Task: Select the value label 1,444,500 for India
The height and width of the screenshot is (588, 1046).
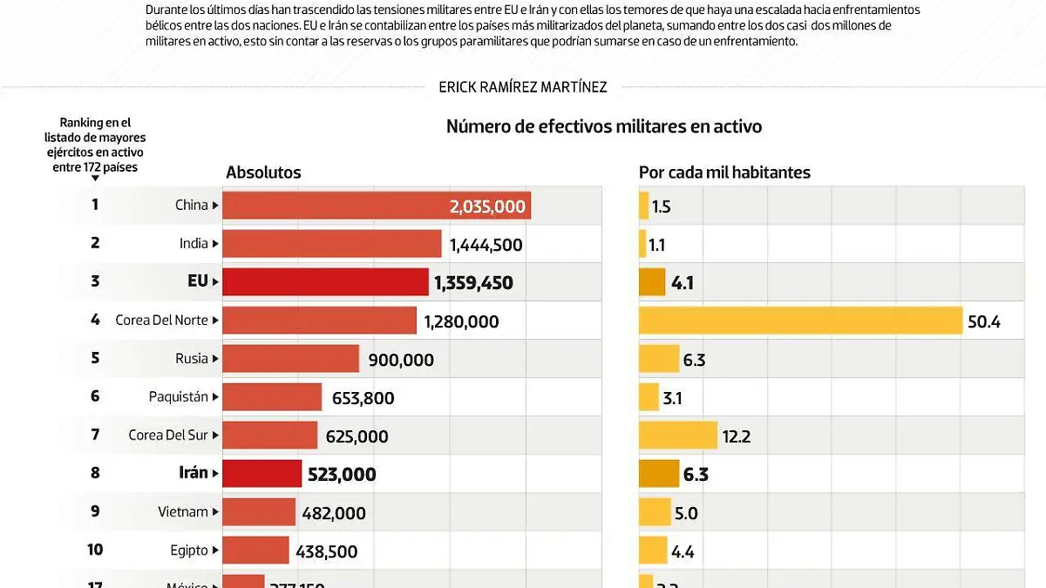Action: click(486, 245)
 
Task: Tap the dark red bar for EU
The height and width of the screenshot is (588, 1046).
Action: click(326, 282)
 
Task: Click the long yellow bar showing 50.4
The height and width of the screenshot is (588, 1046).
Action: click(800, 321)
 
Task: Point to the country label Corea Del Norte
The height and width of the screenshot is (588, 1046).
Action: click(161, 320)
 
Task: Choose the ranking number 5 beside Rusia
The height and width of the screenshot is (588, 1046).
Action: click(95, 358)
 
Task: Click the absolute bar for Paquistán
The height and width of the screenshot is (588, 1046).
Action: click(272, 397)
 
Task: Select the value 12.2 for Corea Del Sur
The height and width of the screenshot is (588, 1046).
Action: click(736, 436)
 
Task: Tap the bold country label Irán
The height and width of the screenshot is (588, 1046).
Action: click(193, 473)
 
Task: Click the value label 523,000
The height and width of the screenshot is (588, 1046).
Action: click(342, 475)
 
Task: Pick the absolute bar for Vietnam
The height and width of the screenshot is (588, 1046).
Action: click(259, 512)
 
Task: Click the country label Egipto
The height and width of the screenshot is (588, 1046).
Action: click(189, 550)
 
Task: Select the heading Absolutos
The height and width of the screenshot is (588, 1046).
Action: click(263, 172)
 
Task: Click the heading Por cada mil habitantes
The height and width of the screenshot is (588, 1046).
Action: click(724, 172)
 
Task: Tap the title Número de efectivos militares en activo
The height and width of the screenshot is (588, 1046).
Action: click(604, 126)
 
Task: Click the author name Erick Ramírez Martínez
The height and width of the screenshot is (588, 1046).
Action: click(523, 86)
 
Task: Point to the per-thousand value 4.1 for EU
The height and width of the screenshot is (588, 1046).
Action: click(683, 283)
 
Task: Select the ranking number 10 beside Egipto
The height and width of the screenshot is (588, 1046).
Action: click(95, 550)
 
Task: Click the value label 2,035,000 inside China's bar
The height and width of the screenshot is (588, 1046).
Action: click(487, 206)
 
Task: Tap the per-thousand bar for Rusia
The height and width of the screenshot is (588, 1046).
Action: click(658, 359)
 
